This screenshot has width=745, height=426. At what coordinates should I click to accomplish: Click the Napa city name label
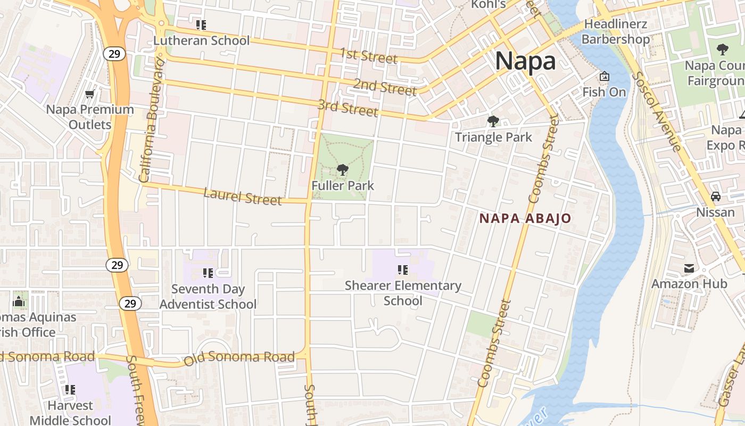tap(525, 61)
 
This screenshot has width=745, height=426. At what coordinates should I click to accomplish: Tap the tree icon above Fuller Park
tap(343, 170)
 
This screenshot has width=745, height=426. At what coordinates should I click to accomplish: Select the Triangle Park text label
tap(493, 137)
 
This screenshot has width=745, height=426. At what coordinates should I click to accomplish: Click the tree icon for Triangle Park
tap(493, 121)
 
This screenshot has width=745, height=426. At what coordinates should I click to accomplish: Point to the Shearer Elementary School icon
tap(403, 270)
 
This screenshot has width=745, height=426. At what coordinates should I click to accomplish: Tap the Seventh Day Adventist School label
tap(208, 297)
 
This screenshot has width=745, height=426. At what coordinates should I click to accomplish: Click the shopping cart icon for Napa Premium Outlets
tap(90, 94)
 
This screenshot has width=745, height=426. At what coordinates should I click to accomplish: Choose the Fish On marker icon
tap(604, 77)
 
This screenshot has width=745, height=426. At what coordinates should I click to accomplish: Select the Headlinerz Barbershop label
tap(616, 32)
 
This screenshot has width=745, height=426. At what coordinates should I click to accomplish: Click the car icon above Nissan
tap(716, 196)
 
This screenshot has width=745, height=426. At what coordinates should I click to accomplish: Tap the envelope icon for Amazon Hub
tap(689, 268)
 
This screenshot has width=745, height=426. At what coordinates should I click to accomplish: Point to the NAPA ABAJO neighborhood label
tap(525, 218)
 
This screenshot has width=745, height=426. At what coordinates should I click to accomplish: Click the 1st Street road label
tap(369, 55)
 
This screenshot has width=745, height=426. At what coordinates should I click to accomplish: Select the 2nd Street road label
tap(385, 87)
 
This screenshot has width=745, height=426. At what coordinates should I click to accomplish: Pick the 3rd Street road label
tap(348, 108)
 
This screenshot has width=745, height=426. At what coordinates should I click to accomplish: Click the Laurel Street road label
tap(243, 196)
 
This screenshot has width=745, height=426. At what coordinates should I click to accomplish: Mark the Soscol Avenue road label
tap(656, 110)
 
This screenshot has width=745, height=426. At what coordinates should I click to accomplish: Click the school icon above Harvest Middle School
tap(70, 390)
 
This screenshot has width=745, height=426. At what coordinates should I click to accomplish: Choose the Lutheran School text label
tap(201, 40)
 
